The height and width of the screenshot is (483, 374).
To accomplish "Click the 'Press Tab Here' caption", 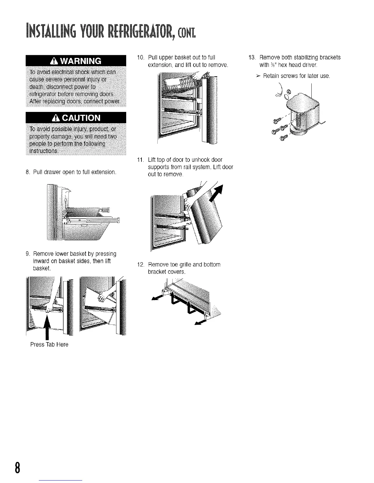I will click(x=49, y=345).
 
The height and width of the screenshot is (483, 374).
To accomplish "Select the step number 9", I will click(x=27, y=254).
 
